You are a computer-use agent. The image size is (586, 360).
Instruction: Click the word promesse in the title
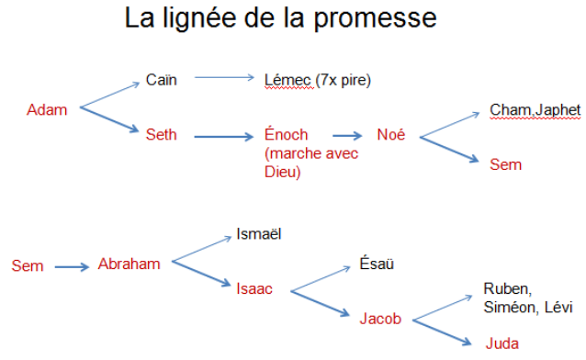(375, 18)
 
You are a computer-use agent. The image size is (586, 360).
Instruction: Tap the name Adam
(47, 110)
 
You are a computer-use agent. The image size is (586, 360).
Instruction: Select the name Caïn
(161, 80)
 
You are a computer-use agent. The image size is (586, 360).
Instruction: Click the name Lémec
(287, 81)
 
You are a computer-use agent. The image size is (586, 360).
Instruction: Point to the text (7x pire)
(344, 81)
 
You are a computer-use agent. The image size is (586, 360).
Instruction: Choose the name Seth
(161, 135)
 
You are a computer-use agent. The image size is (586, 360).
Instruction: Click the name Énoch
(287, 134)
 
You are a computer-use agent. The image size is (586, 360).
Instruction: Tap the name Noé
(391, 134)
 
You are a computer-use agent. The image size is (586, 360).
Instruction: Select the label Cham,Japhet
(535, 110)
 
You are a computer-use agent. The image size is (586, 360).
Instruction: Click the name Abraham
(129, 264)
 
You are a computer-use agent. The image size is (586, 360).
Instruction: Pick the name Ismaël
(259, 234)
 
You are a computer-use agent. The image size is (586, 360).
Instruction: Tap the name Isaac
(254, 288)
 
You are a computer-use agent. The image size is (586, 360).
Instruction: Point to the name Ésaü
(377, 264)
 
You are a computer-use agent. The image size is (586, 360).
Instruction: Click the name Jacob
(380, 319)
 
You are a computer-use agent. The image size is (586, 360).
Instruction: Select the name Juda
(502, 343)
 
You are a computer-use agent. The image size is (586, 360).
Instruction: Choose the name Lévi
(558, 308)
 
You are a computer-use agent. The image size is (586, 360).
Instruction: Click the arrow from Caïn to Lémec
(224, 77)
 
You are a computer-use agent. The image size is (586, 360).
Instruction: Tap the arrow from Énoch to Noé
(347, 136)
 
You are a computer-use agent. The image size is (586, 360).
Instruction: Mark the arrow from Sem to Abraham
(72, 267)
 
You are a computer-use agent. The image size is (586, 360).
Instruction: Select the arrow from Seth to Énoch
(224, 137)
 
